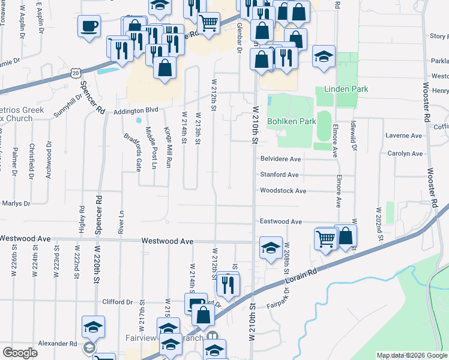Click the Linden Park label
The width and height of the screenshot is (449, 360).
(x=346, y=89)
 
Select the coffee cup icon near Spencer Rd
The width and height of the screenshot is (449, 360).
(x=89, y=26)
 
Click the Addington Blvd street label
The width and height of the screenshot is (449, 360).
(x=136, y=110)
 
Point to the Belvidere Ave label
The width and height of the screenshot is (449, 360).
(x=280, y=159)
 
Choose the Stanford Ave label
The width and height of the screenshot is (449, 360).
(x=279, y=175)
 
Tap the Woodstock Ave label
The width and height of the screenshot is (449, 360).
(x=283, y=191)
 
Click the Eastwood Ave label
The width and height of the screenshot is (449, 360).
(x=280, y=221)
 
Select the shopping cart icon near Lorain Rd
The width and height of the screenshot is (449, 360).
(x=325, y=238)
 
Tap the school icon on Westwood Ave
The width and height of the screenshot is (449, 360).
(x=271, y=247)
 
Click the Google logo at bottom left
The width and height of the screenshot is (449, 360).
(x=20, y=353)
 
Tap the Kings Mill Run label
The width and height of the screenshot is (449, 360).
(x=169, y=149)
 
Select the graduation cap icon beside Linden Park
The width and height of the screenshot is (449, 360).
(x=324, y=56)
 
